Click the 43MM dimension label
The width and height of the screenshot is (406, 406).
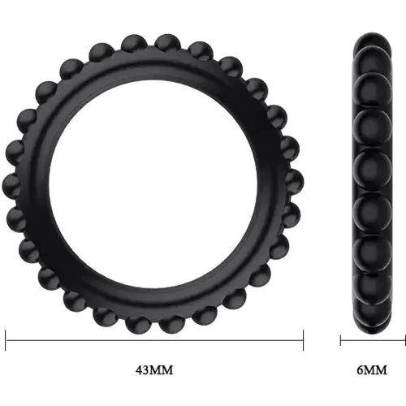154,370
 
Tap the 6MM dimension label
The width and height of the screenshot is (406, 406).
372,370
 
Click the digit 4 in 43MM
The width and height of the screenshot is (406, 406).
139,370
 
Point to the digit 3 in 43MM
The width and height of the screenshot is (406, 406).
146,370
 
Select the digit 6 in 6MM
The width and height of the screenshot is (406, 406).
361,370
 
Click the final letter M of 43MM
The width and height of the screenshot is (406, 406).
167,370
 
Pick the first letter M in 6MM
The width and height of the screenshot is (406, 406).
369,370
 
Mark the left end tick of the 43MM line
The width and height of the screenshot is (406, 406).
6,340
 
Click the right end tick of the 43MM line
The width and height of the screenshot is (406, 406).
303,340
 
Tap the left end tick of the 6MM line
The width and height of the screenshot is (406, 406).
340,340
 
